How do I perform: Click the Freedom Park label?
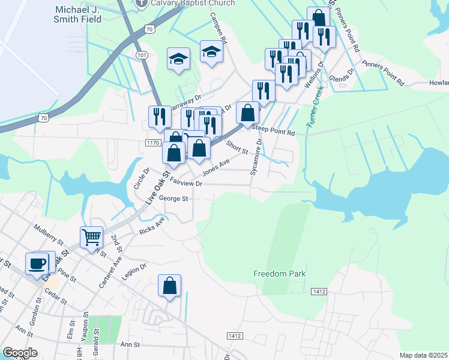click(279, 274)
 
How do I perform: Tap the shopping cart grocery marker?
click(91, 237)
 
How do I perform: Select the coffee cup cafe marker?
click(37, 263)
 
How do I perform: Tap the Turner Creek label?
click(315, 107)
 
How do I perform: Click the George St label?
click(174, 199)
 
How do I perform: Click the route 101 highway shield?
click(142, 55)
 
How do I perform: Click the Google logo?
click(20, 353)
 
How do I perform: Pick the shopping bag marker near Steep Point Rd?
click(248, 112)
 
